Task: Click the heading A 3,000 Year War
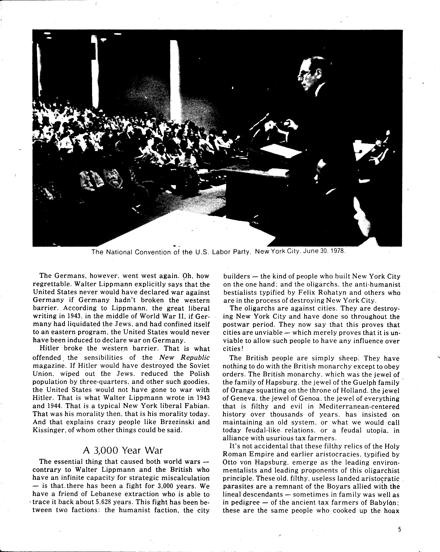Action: [123, 450]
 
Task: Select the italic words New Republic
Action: [184, 357]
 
